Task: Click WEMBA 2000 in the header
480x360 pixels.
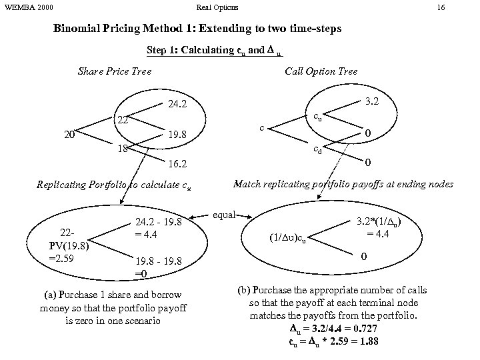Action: click(29, 7)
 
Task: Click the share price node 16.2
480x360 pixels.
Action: click(177, 163)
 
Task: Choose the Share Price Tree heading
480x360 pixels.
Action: click(115, 71)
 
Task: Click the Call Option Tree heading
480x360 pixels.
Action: click(321, 71)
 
